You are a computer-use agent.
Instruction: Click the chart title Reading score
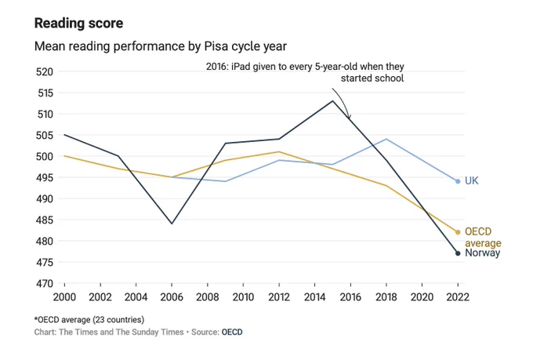click(79, 24)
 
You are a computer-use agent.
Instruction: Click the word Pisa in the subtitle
click(216, 46)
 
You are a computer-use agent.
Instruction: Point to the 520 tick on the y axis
click(45, 72)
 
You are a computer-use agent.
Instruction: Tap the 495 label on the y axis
click(45, 177)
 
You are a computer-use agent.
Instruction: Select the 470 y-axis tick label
click(45, 283)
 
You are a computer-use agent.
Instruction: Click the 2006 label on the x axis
click(172, 297)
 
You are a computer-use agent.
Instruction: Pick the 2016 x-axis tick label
click(350, 297)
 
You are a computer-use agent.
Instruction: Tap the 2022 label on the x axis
click(458, 297)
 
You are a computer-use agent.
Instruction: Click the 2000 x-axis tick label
click(64, 297)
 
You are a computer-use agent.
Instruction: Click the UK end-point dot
click(458, 181)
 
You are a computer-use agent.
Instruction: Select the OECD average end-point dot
click(458, 232)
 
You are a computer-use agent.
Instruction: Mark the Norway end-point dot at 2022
click(458, 253)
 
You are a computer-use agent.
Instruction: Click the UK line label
click(472, 180)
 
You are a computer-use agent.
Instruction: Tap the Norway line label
click(482, 253)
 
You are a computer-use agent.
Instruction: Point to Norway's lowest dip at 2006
click(172, 224)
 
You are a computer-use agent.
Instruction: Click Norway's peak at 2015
click(332, 101)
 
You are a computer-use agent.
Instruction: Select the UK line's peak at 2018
click(386, 139)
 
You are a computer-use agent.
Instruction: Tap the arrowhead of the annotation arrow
click(349, 118)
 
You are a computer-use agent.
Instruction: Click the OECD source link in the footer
click(232, 332)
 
